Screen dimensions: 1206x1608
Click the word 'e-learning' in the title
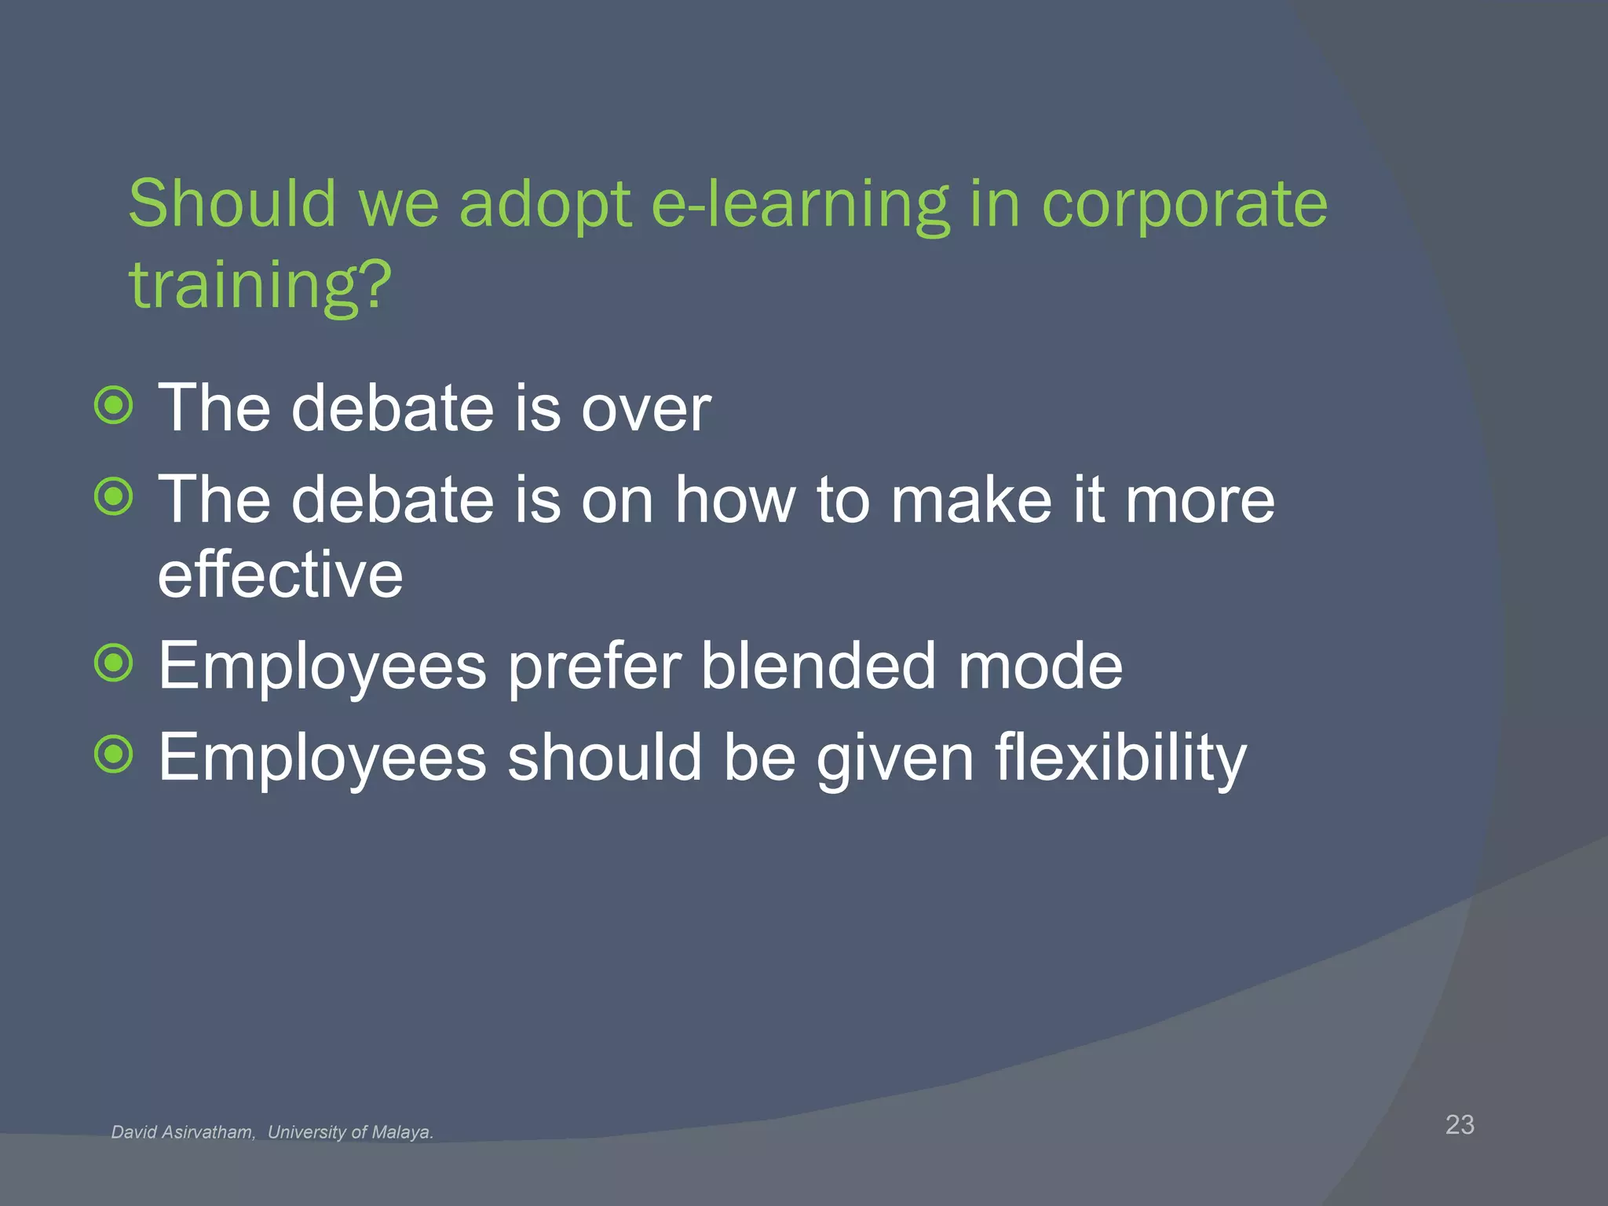[801, 206]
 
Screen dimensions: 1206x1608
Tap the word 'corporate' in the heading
[1184, 206]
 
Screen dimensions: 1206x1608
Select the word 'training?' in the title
[260, 286]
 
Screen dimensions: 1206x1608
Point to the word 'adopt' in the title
[545, 206]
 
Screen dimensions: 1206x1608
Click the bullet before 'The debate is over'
[115, 406]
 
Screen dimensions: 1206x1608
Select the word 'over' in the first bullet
[645, 410]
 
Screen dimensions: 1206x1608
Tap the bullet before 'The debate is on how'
[115, 497]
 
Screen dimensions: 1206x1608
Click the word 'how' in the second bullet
[735, 500]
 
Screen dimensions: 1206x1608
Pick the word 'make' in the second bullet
[970, 500]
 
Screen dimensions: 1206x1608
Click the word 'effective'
[280, 575]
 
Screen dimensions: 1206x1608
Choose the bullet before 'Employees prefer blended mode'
[115, 663]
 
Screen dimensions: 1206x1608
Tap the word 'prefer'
[594, 667]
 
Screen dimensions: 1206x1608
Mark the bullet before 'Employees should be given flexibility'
[115, 755]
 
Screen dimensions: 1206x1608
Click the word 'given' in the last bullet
[895, 758]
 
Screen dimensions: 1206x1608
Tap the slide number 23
[1460, 1124]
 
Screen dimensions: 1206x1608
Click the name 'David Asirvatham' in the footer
[183, 1132]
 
